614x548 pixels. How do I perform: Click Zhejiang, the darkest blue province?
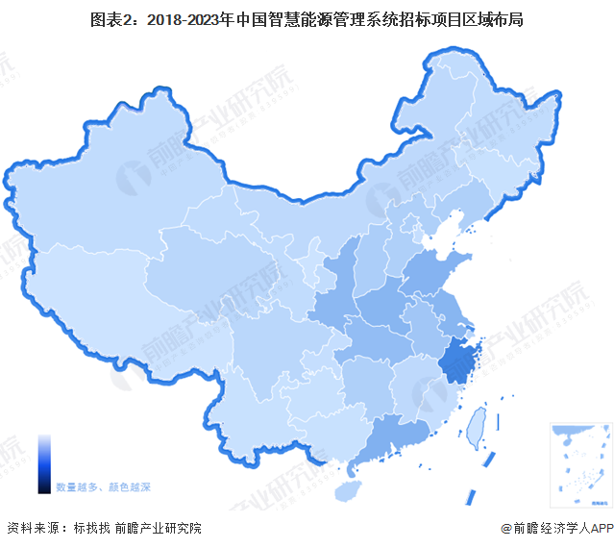[x=458, y=360]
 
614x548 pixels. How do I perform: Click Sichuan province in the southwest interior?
[x=269, y=346]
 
